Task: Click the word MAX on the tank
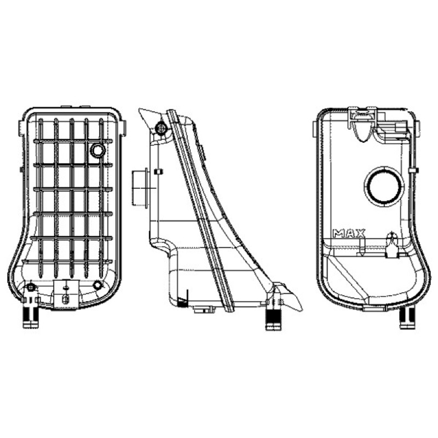tap(349, 233)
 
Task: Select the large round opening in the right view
tap(384, 186)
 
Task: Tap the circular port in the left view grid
tap(98, 151)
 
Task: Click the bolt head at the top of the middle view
tap(161, 128)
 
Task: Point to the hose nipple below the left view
tap(31, 318)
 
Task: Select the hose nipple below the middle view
tap(273, 320)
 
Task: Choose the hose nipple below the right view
tap(407, 318)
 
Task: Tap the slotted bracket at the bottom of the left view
tap(66, 294)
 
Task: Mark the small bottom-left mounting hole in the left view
tap(31, 286)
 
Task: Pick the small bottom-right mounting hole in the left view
tap(97, 285)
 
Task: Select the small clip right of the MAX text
tap(392, 245)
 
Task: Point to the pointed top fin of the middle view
tap(149, 119)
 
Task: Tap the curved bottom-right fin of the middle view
tap(289, 297)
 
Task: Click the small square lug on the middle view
tap(159, 171)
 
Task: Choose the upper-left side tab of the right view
tap(315, 129)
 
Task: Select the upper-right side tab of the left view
tap(124, 129)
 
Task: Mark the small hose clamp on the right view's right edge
tap(413, 171)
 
